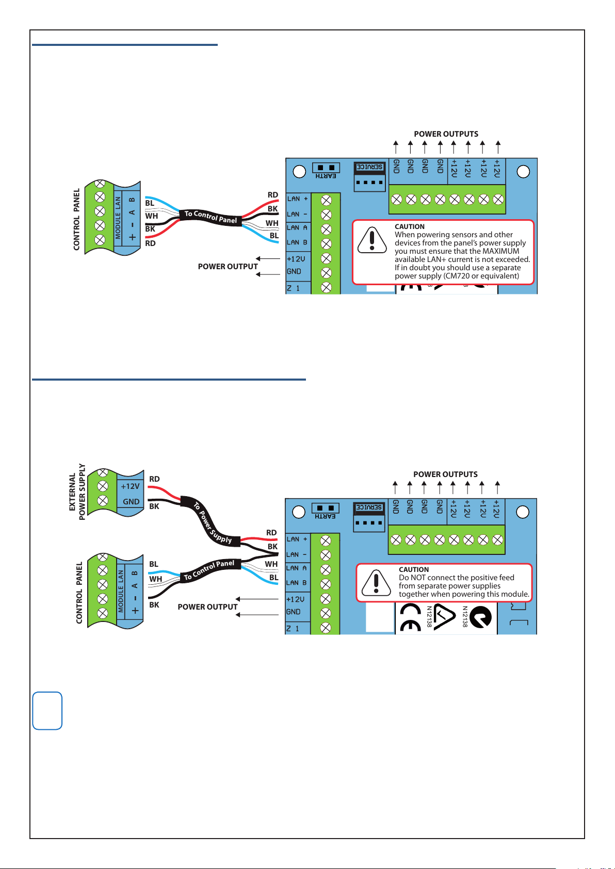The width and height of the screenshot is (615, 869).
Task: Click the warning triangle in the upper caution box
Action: (x=372, y=240)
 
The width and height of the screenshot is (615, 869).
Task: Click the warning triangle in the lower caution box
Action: (x=376, y=583)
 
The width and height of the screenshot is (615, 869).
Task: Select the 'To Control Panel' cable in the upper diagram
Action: (x=211, y=217)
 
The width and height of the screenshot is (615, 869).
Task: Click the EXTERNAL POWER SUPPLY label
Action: (x=77, y=492)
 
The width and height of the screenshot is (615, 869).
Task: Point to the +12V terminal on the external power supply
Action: (x=130, y=486)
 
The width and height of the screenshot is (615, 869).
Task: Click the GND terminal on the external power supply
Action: (x=131, y=501)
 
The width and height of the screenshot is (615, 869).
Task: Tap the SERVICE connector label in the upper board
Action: (x=369, y=167)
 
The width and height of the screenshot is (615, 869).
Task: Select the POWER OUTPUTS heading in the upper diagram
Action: (x=446, y=134)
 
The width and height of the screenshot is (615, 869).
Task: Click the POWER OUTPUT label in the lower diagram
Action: (x=207, y=606)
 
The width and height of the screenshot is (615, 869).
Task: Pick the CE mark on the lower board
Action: (x=410, y=617)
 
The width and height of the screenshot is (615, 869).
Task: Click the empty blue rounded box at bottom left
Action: (x=47, y=711)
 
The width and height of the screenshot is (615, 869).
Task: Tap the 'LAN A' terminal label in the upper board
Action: (x=297, y=227)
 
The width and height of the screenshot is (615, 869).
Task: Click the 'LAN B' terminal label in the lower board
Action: (x=297, y=583)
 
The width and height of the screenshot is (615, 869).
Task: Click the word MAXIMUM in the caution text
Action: (x=500, y=251)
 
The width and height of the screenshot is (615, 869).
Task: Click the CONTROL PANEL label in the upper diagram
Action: (x=77, y=219)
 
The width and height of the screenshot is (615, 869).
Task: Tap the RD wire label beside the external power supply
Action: (x=154, y=479)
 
